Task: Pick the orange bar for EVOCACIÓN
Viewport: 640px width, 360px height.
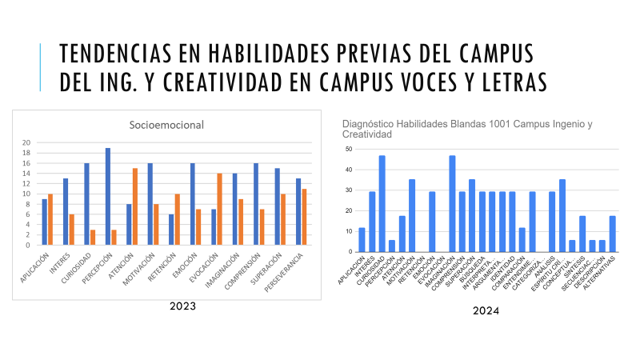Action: [x=219, y=209]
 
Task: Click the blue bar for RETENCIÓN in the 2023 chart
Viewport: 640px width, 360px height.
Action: [x=170, y=230]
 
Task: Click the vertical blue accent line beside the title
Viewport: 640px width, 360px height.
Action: [x=41, y=67]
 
